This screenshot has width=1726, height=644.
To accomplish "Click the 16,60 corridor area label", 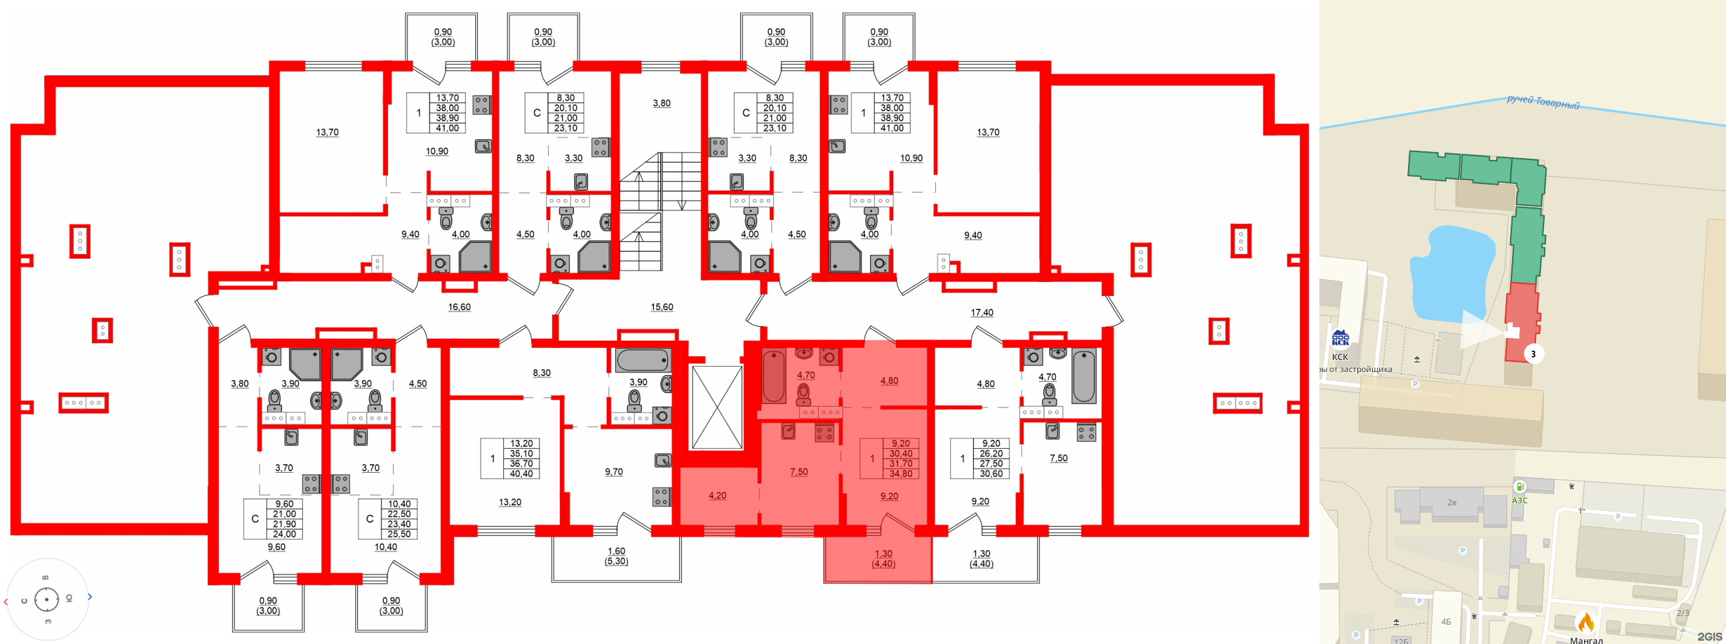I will coord(459,307).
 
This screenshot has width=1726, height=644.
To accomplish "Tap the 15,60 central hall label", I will coord(661,307).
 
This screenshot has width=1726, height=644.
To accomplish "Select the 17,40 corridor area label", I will coord(981,312).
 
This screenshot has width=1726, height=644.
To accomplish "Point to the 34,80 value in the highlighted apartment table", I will coord(901,473).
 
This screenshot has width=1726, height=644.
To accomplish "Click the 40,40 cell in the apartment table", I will coord(521,473).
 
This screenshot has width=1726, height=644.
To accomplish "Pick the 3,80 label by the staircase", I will coord(661,103).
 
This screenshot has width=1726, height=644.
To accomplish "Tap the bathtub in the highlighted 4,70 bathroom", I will coord(774,377).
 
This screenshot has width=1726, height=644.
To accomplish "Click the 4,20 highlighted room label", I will coord(717,496).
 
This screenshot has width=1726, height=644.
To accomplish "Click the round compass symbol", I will coord(46,599).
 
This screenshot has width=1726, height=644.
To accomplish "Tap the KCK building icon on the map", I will coord(1340,339).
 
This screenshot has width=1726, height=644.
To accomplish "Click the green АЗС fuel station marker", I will coord(1519,487).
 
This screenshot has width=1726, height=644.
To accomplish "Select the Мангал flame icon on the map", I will coord(1585,623).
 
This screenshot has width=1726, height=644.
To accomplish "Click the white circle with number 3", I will coord(1533,354).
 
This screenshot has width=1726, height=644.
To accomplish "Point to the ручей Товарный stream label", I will coord(1543,103).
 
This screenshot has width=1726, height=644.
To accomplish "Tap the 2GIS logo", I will coord(1709,636).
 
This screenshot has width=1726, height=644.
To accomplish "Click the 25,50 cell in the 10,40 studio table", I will coord(399,534).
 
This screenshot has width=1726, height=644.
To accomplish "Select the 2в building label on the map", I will coord(1451,502).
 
